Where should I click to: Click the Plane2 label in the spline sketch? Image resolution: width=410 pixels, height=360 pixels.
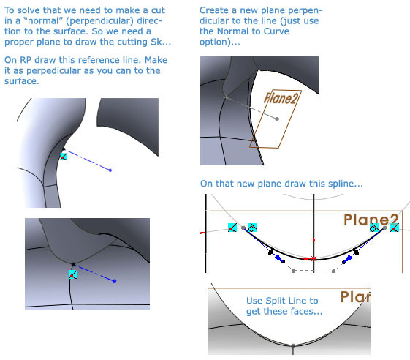372,220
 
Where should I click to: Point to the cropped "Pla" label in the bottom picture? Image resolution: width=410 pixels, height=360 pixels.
355,297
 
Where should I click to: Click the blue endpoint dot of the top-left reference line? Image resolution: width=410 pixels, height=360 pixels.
110,170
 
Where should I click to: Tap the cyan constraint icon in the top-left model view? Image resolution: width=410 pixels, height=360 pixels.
63,155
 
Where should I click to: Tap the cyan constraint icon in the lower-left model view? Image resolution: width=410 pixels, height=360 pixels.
72,274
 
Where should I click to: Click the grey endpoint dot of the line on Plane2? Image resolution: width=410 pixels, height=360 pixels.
276,117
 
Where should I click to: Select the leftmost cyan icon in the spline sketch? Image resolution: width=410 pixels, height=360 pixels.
232,228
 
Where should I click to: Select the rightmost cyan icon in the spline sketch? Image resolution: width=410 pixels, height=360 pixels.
394,228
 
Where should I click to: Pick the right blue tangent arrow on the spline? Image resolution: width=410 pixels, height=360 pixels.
349,256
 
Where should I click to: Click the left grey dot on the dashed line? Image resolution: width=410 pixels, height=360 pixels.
293,271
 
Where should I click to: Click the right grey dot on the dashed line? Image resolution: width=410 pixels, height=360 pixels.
333,271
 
